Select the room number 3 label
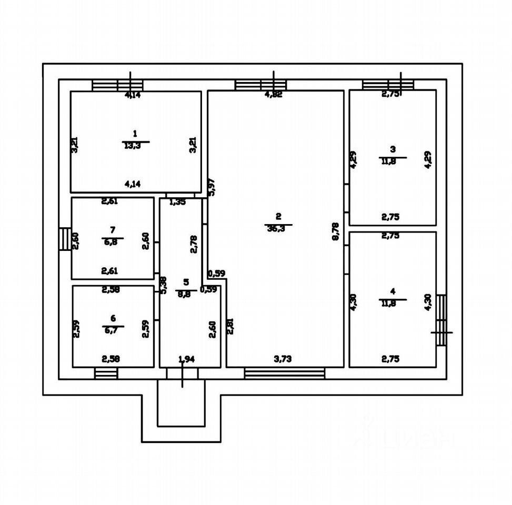coord(393,149)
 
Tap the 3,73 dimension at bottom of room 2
coord(283,359)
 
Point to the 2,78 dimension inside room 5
coord(195,244)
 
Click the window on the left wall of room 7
coord(65,239)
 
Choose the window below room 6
coord(106,373)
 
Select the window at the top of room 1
coord(118,85)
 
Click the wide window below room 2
coord(285,373)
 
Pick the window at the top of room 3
coord(388,85)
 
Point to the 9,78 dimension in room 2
coord(336,232)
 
